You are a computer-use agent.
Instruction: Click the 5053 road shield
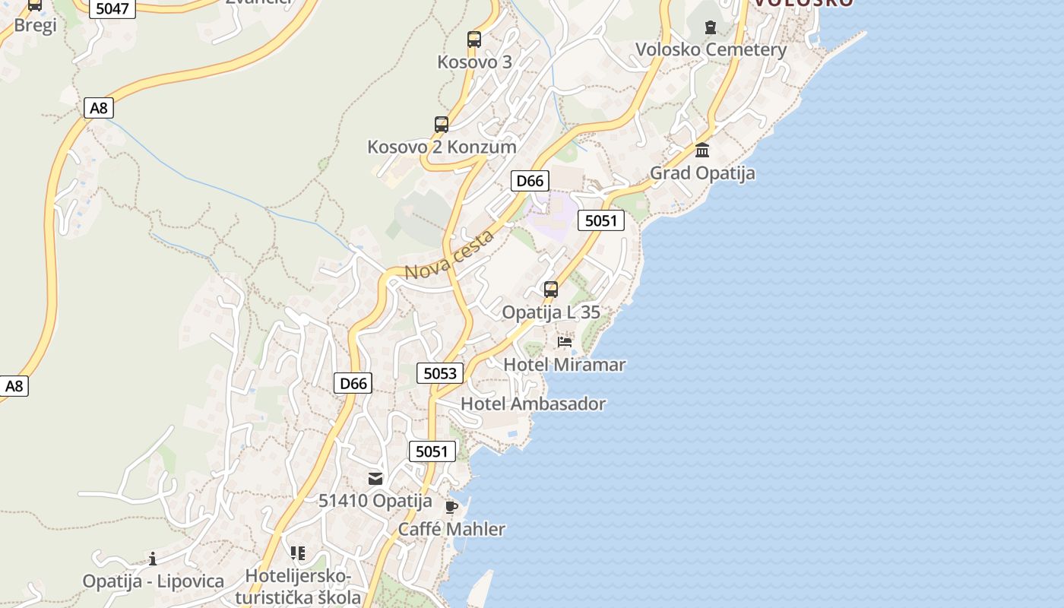tap(440, 373)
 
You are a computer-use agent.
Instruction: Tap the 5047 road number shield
tap(112, 9)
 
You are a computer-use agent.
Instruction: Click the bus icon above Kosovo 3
tap(474, 40)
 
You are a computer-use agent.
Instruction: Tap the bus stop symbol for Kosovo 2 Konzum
tap(442, 124)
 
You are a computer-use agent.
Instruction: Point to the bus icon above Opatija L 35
tap(551, 290)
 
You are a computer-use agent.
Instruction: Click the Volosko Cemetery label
tap(711, 50)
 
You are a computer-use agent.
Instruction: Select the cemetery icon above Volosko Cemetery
tap(710, 28)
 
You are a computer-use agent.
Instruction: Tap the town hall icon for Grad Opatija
tap(702, 150)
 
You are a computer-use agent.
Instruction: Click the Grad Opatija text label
tap(702, 173)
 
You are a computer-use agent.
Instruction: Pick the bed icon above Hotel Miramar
tap(565, 342)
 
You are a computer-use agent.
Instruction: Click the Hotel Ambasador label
tap(533, 404)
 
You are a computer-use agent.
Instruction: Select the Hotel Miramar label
tap(565, 365)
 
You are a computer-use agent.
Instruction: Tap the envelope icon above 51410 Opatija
tap(375, 478)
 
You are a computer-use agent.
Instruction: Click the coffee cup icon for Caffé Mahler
tap(451, 507)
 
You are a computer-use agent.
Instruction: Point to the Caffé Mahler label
tap(451, 529)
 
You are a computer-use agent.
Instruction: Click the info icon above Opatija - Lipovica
tap(153, 559)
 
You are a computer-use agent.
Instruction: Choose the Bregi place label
tap(36, 25)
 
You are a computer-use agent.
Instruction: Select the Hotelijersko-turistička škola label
tap(298, 587)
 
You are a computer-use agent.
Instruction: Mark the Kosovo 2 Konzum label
tap(442, 147)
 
